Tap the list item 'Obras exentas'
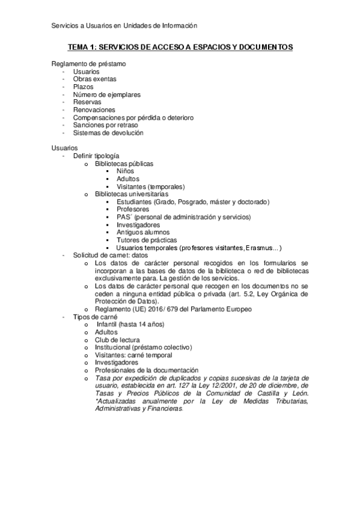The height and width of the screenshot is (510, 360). coord(94,79)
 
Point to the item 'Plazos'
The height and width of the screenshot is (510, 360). coord(83,87)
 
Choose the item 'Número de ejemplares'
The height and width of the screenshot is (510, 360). coord(107,95)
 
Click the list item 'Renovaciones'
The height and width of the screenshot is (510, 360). coord(94,110)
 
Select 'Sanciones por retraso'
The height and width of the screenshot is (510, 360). coord(105,125)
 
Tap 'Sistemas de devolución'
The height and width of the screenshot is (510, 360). coord(108,133)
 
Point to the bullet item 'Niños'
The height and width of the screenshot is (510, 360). coord(127,171)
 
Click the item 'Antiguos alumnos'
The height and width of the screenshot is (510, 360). coord(143,232)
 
